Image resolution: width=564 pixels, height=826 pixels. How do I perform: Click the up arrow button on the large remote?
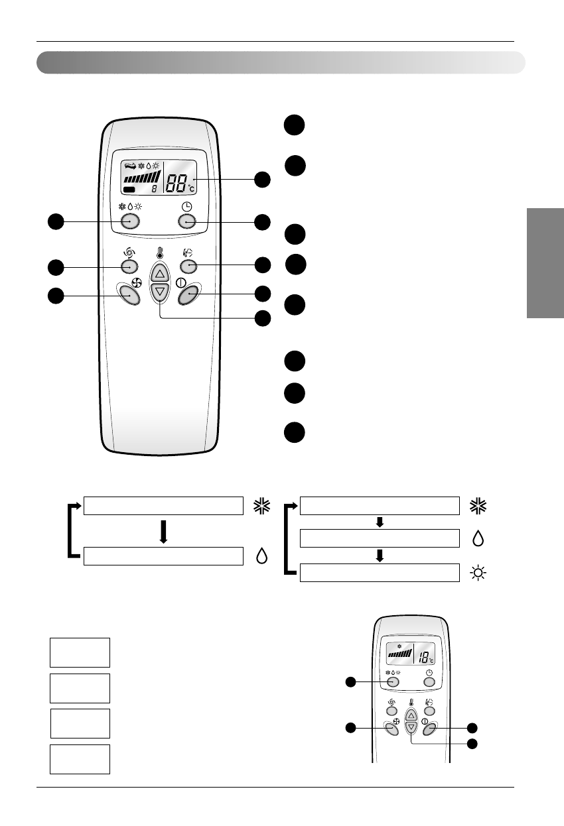coord(160,273)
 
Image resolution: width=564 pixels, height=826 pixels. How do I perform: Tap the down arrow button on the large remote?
coord(160,291)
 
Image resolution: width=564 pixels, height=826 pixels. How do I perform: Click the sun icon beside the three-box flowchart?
coord(478,571)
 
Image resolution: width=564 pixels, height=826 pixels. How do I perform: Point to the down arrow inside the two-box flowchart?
coord(163,531)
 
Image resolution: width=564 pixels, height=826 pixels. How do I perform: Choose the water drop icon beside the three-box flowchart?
coord(478,538)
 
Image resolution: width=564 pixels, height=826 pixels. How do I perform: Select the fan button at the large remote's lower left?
coord(129,294)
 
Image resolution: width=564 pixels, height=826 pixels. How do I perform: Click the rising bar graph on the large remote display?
coord(142,177)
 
